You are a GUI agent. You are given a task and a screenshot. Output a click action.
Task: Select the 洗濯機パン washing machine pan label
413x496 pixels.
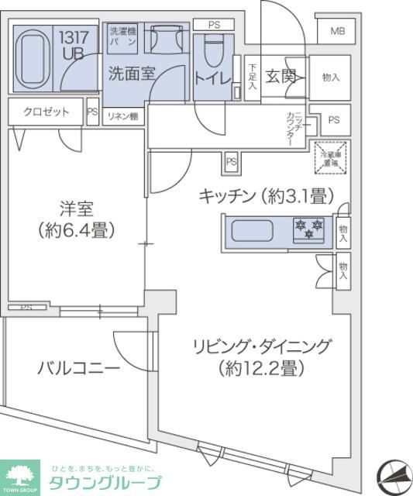pyautogui.click(x=122, y=37)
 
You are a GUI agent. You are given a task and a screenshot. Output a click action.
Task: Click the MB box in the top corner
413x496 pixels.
pyautogui.click(x=337, y=32)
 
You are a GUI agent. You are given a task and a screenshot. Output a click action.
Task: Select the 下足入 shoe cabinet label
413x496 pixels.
pyautogui.click(x=253, y=77)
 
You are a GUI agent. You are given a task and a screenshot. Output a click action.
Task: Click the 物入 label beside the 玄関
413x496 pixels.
pyautogui.click(x=331, y=77)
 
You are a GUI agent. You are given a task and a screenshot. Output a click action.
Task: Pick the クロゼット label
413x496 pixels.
pyautogui.click(x=46, y=112)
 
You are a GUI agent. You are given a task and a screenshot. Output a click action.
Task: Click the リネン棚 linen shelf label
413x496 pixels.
pyautogui.click(x=122, y=116)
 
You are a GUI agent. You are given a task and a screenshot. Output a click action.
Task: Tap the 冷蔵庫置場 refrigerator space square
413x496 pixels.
pyautogui.click(x=331, y=159)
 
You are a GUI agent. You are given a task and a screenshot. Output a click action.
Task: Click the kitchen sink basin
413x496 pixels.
pyautogui.click(x=256, y=232)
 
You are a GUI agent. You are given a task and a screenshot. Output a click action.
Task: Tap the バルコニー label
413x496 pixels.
pyautogui.click(x=78, y=368)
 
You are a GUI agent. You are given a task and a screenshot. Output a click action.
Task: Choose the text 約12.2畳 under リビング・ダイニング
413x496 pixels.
pyautogui.click(x=261, y=369)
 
